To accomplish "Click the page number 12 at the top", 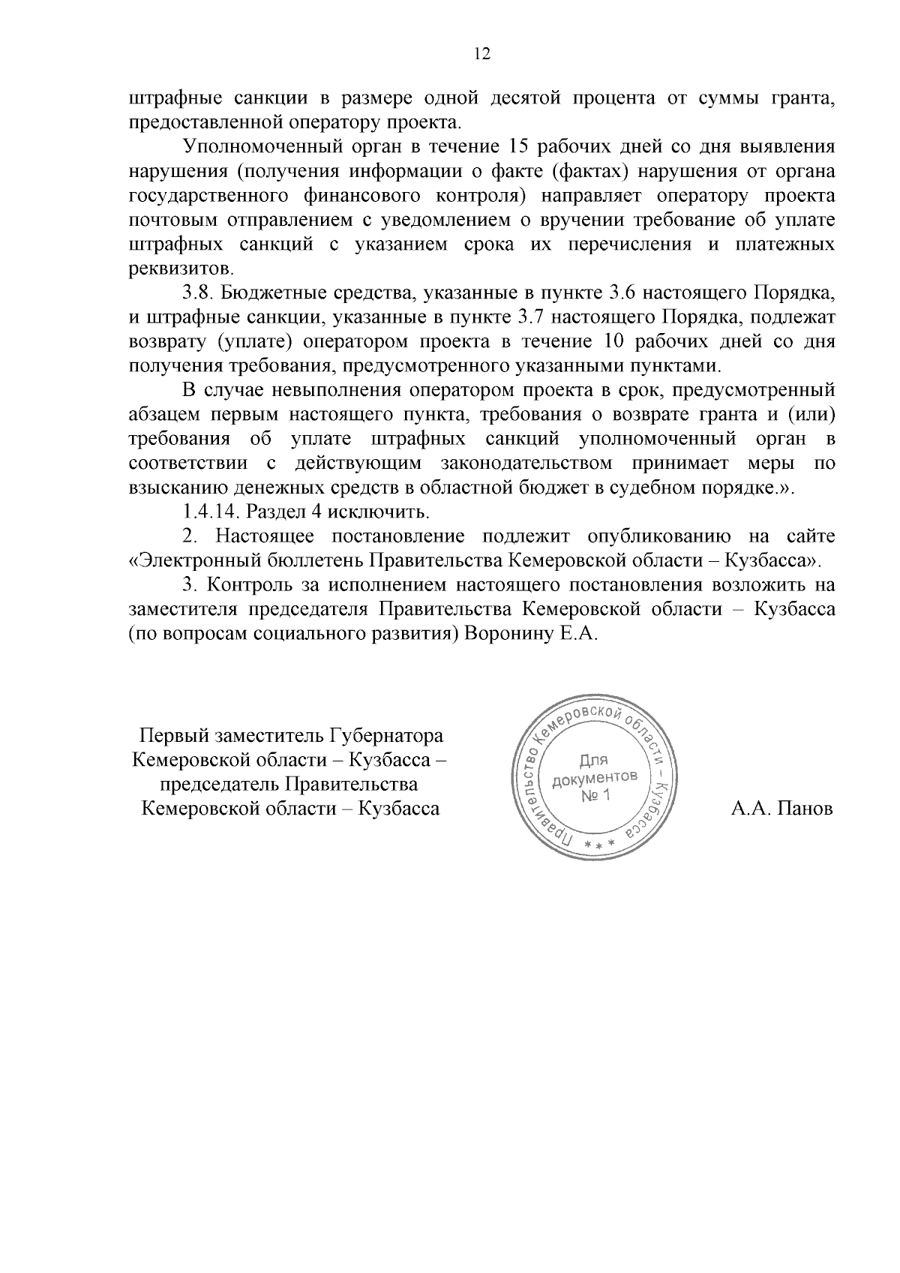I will tap(482, 53).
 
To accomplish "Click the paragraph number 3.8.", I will tap(196, 293).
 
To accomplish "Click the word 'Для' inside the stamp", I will tap(593, 759).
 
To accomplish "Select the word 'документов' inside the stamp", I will tap(595, 777).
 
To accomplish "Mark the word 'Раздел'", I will tap(274, 512).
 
